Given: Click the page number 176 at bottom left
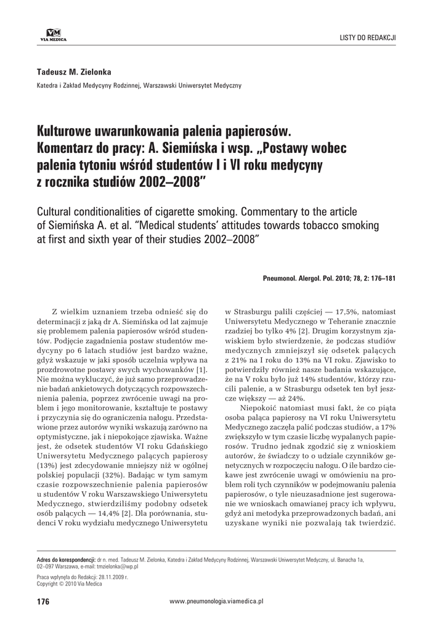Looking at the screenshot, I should pyautogui.click(x=43, y=601).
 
